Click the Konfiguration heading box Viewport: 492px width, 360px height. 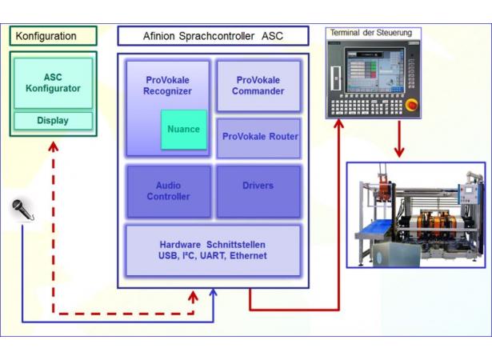pyautogui.click(x=53, y=36)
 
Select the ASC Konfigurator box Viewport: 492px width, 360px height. pyautogui.click(x=53, y=83)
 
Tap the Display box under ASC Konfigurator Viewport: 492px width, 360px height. pyautogui.click(x=53, y=121)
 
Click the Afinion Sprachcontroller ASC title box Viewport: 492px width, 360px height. pyautogui.click(x=213, y=36)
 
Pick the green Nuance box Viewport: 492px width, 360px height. pyautogui.click(x=184, y=129)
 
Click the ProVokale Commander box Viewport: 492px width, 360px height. pyautogui.click(x=258, y=86)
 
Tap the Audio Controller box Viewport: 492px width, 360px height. pyautogui.click(x=169, y=191)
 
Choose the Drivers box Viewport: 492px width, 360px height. pyautogui.click(x=258, y=191)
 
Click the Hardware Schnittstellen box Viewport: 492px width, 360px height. pyautogui.click(x=213, y=250)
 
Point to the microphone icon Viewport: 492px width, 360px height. pyautogui.click(x=22, y=210)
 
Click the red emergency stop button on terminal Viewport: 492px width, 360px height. pyautogui.click(x=411, y=105)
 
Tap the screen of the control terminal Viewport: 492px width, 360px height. pyautogui.click(x=374, y=70)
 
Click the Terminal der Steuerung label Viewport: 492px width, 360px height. pyautogui.click(x=371, y=33)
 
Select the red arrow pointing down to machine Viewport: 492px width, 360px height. pyautogui.click(x=399, y=139)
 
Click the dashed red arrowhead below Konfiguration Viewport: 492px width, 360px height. pyautogui.click(x=54, y=146)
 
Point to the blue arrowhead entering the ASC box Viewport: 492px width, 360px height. pyautogui.click(x=214, y=293)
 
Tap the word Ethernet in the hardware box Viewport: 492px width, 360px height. pyautogui.click(x=248, y=256)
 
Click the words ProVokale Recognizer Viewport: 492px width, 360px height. pyautogui.click(x=167, y=86)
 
